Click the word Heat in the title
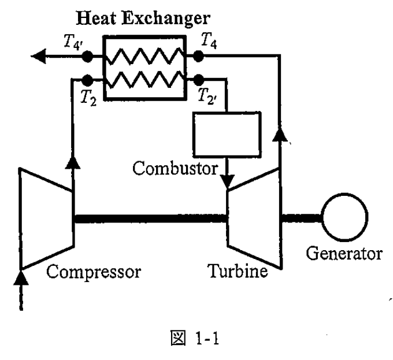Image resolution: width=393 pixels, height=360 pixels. click(x=97, y=18)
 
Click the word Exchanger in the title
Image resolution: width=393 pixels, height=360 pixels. click(x=166, y=19)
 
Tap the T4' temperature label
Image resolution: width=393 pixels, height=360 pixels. click(x=73, y=42)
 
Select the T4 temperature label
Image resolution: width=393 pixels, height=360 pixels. click(x=209, y=40)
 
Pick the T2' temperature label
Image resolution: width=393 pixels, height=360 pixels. click(x=207, y=97)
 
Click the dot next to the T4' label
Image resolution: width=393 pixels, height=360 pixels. click(x=87, y=57)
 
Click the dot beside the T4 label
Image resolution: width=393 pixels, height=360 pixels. click(x=198, y=56)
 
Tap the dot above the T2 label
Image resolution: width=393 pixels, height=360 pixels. click(x=87, y=80)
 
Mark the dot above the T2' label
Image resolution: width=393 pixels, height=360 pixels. click(x=198, y=80)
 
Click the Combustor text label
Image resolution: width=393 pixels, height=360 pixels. click(x=175, y=168)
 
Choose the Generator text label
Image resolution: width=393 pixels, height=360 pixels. click(x=344, y=254)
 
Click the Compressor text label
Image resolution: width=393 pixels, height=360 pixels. click(x=94, y=272)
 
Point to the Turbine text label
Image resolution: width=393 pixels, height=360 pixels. click(x=238, y=271)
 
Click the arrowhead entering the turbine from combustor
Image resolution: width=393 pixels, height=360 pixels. click(x=227, y=181)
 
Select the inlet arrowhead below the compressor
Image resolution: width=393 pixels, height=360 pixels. click(x=21, y=278)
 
